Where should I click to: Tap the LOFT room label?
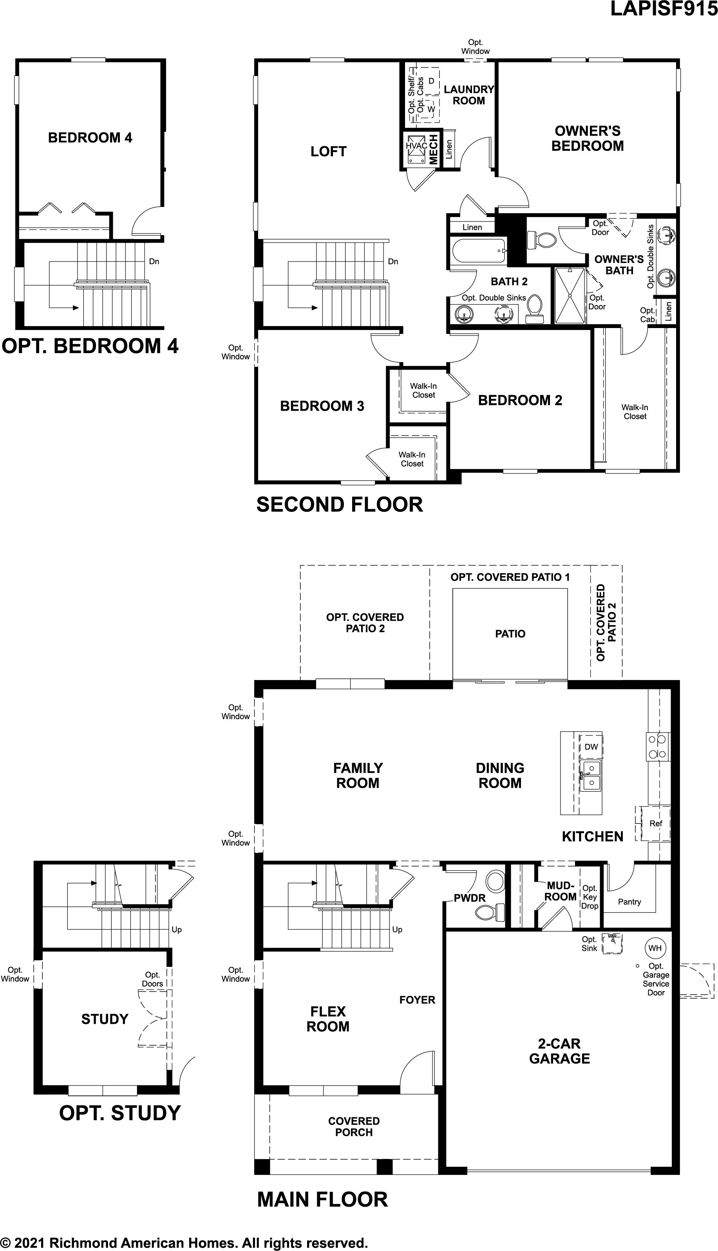coord(328,151)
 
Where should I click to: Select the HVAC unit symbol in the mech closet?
coord(416,149)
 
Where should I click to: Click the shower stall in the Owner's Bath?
coord(570,296)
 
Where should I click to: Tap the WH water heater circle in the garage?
coord(655,948)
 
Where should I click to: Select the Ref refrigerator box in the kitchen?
coord(655,823)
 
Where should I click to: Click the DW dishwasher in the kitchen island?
coord(591,747)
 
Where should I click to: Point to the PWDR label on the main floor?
coord(469,898)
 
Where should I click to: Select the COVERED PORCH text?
coord(354,1127)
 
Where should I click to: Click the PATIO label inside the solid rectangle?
coord(510,634)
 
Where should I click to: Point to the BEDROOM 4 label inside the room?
coord(90,138)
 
